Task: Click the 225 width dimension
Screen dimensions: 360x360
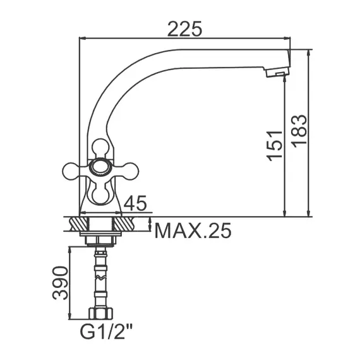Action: [185, 29]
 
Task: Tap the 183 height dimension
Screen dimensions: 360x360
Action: [299, 129]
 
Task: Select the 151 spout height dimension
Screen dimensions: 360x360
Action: [274, 146]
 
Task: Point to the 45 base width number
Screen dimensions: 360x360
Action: [135, 203]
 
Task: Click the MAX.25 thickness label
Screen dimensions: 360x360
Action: [193, 231]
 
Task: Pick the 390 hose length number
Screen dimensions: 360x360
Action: [60, 283]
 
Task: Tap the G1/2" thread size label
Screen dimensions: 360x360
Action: [106, 332]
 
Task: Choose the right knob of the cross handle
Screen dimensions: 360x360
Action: [130, 171]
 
